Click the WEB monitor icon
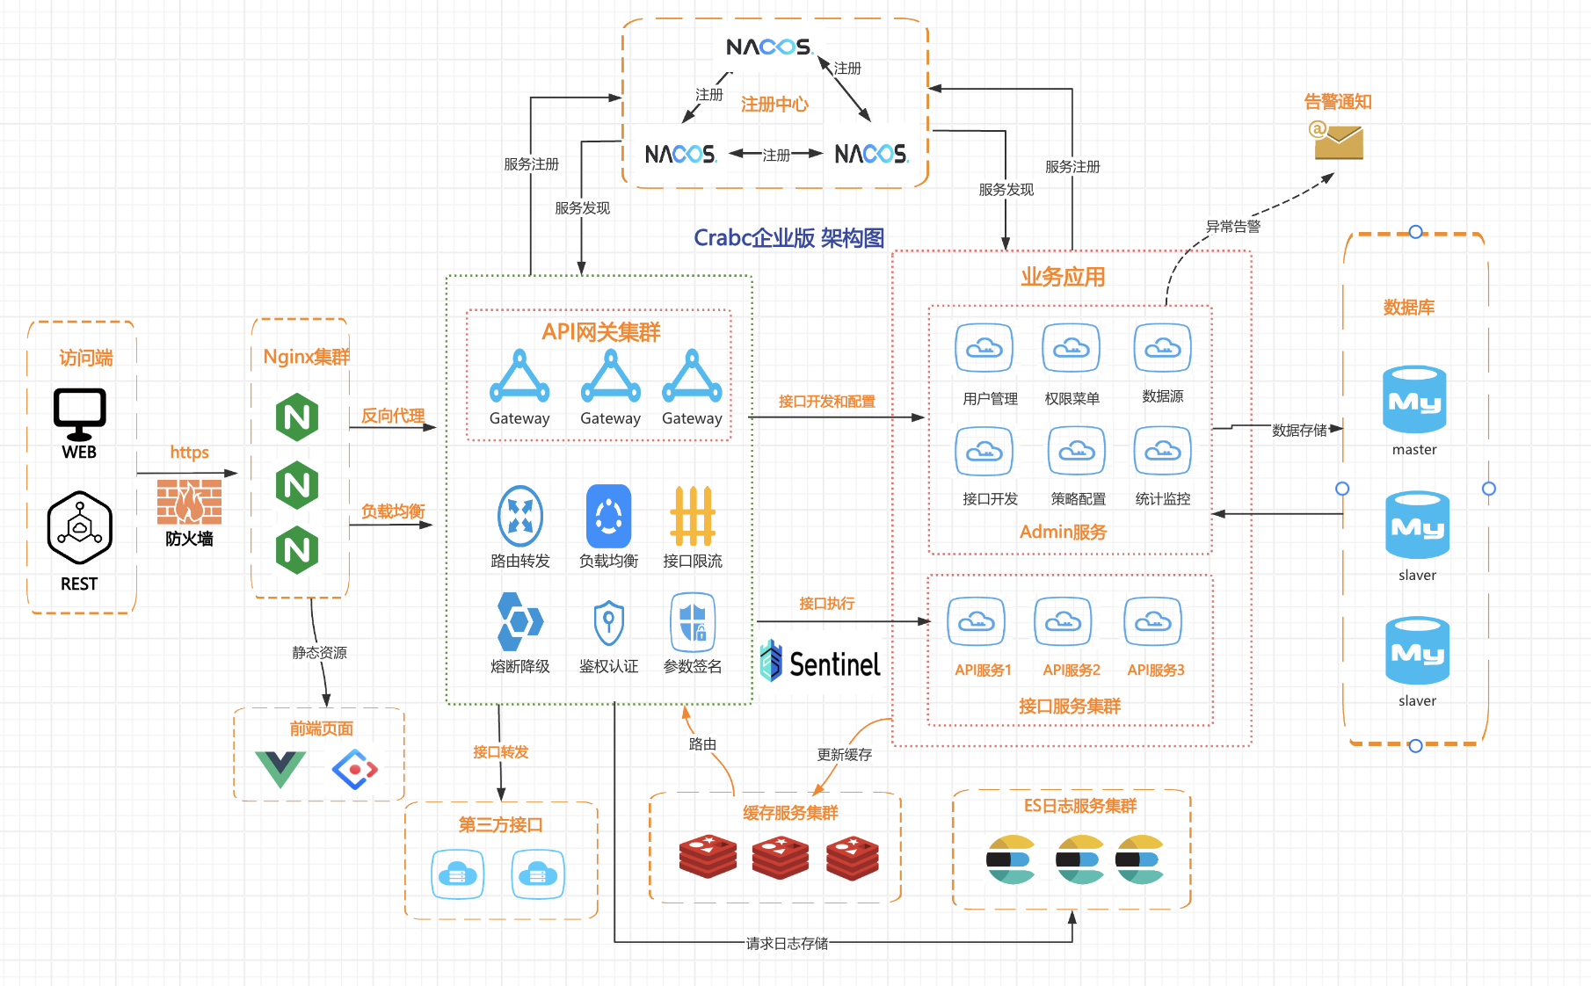(79, 413)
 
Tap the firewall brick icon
(189, 502)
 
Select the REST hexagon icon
(79, 527)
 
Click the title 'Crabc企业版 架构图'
(788, 238)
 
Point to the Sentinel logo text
(821, 663)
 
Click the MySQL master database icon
(1414, 400)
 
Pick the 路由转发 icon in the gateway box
(520, 516)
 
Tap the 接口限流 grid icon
(693, 516)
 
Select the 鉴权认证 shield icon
(608, 622)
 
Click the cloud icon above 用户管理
(984, 348)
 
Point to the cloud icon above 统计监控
(1163, 451)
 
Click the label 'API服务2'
(1072, 671)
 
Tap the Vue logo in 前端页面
(280, 769)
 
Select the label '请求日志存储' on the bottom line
(787, 943)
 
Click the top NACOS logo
(768, 47)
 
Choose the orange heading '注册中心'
(774, 105)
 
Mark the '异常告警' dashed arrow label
(1232, 227)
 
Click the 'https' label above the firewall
(189, 453)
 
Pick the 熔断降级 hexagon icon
(520, 621)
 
